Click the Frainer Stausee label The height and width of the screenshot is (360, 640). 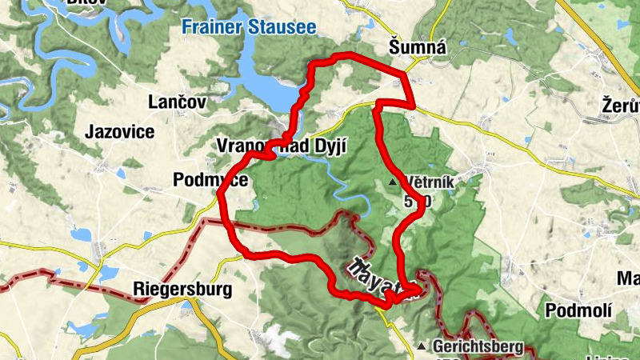coord(249,26)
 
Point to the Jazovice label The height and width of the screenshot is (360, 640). coord(120,132)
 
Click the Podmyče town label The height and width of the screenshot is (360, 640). coord(210,180)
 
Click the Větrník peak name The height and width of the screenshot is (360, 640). coord(430,182)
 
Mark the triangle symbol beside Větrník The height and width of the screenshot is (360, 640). coord(393,183)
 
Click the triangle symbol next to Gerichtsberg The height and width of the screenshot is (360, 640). coord(422,346)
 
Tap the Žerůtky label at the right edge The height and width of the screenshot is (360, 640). coord(621,105)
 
